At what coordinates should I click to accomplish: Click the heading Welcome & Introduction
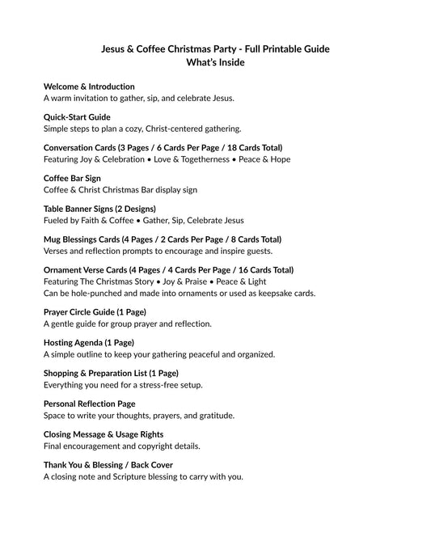coord(89,87)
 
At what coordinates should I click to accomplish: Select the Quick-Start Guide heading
coord(77,117)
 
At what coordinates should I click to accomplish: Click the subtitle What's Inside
coord(215,62)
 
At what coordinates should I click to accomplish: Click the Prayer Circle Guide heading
coord(95,311)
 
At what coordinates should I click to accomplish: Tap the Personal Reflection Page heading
coord(89,404)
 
